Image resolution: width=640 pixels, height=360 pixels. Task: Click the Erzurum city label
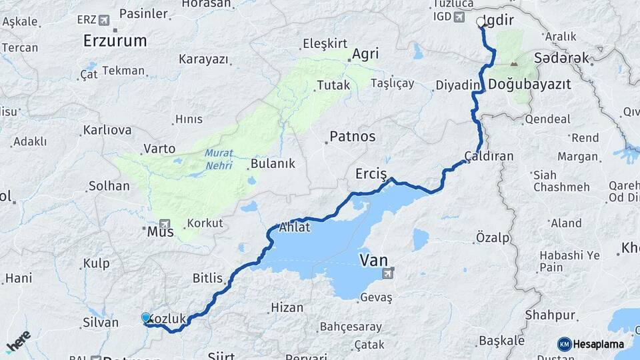[115, 41]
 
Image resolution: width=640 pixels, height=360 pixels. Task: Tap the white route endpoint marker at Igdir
[481, 22]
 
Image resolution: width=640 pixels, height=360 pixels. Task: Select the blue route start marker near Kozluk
[146, 318]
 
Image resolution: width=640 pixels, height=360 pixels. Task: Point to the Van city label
[373, 259]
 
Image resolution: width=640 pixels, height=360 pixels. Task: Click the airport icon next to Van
[389, 273]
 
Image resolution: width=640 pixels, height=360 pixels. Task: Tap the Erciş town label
[371, 174]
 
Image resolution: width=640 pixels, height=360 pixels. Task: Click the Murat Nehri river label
[219, 159]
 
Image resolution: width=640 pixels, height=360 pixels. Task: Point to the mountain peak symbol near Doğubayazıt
[513, 64]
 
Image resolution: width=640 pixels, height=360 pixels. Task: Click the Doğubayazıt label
[529, 85]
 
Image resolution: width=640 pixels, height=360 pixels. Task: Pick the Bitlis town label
[207, 278]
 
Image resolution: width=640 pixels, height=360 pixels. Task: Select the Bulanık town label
[272, 164]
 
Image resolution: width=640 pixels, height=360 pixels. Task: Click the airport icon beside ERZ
[104, 19]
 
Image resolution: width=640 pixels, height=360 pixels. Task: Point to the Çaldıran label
[489, 156]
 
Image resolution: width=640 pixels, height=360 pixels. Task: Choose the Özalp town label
[493, 237]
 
